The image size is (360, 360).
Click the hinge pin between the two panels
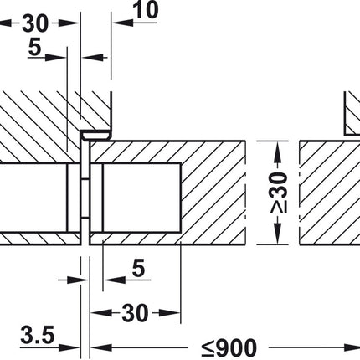point(85,193)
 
